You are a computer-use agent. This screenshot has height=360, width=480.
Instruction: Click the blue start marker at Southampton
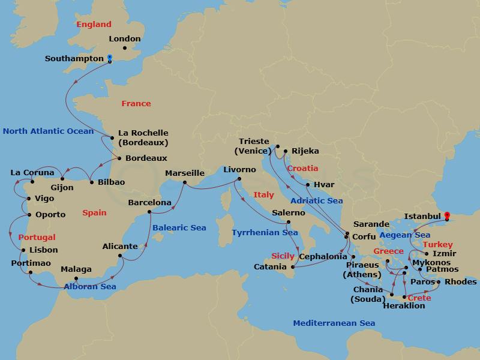[x=109, y=59]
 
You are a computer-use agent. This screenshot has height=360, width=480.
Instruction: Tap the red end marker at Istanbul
[x=446, y=215]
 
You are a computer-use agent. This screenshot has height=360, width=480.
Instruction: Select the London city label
[x=125, y=39]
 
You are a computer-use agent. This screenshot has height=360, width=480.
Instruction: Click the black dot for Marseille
[x=185, y=182]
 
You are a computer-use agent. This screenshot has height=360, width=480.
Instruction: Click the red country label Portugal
[x=37, y=238]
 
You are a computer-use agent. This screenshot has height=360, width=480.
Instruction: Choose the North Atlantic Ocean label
[x=48, y=131]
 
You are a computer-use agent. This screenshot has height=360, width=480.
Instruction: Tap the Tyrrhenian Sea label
[x=264, y=232]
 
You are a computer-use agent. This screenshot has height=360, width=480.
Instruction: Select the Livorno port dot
[x=239, y=179]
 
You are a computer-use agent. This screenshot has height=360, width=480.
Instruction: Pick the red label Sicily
[x=284, y=255]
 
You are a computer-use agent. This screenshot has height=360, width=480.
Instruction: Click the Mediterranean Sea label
[x=334, y=323]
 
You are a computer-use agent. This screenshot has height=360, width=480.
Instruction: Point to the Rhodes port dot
[x=439, y=282]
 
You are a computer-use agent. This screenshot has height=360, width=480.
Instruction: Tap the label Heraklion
[x=403, y=306]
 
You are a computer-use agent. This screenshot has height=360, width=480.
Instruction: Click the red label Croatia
[x=302, y=169]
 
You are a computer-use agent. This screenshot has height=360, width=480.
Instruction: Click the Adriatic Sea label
[x=316, y=201]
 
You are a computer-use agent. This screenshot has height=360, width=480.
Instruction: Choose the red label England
[x=94, y=25]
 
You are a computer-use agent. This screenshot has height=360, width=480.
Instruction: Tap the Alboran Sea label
[x=90, y=286]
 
